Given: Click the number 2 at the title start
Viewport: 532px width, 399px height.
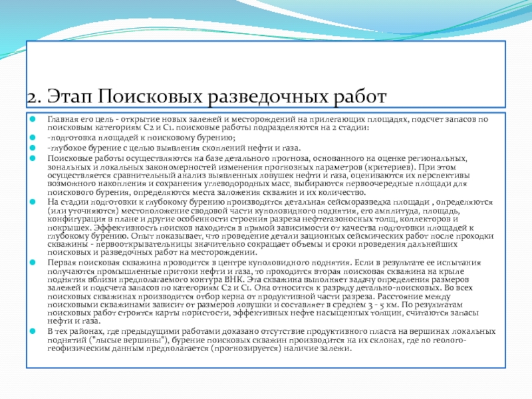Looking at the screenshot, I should [31, 97].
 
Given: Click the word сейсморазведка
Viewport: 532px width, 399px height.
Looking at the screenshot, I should [356, 201].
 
